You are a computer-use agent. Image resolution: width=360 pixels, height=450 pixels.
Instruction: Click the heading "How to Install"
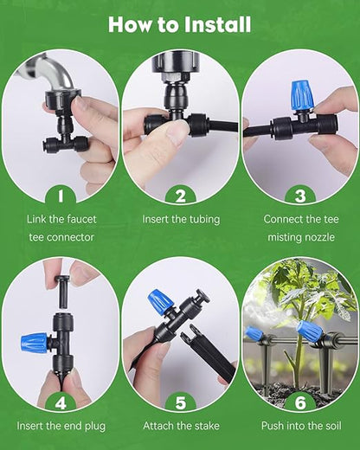(x=180, y=23)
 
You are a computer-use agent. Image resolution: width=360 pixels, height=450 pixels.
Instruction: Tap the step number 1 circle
(x=61, y=196)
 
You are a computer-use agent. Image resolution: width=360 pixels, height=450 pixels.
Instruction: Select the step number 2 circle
(x=180, y=196)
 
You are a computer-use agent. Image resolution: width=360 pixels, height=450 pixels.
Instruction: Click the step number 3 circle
(x=300, y=196)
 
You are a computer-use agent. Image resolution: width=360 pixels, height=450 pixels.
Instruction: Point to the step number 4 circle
(x=61, y=402)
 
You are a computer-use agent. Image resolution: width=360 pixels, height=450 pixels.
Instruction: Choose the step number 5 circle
(x=180, y=402)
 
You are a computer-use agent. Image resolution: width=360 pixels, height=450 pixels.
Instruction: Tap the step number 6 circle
(x=300, y=402)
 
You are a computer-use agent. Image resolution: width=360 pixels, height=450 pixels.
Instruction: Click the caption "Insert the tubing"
(x=180, y=220)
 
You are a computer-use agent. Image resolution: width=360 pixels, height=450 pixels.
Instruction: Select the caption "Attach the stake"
(x=180, y=426)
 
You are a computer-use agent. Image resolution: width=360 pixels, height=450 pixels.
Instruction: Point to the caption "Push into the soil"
(x=300, y=426)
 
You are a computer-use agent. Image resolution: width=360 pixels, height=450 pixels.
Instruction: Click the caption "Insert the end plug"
(x=61, y=426)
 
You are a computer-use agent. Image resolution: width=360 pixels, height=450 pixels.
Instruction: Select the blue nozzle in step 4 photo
(x=35, y=342)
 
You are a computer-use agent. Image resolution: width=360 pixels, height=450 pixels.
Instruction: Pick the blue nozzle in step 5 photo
(x=162, y=302)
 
